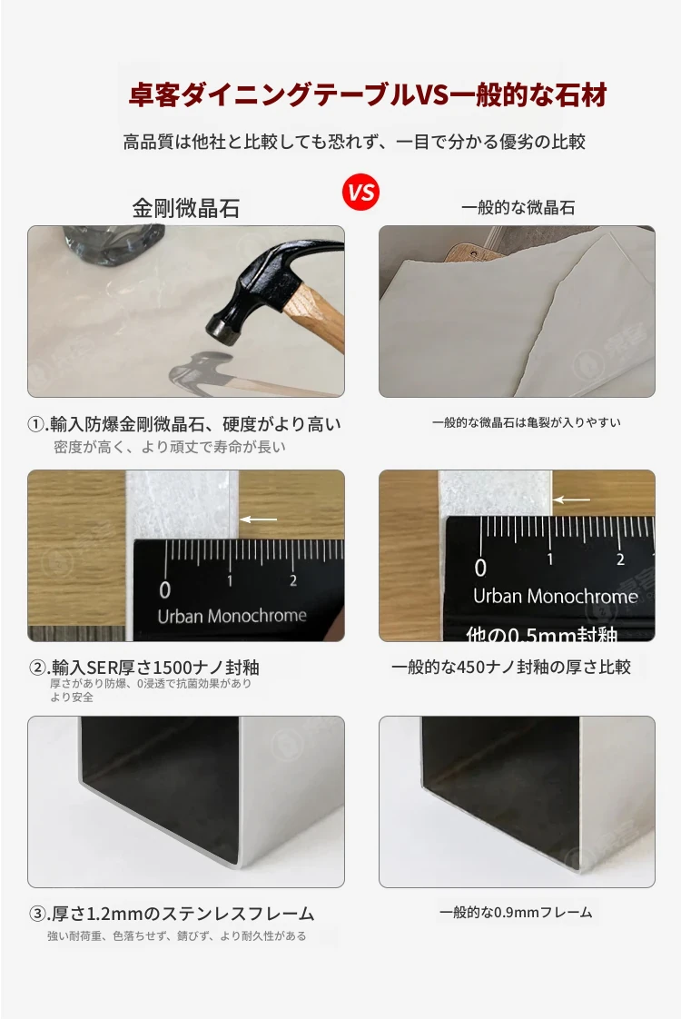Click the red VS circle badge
tap(361, 193)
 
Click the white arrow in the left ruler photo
tap(259, 519)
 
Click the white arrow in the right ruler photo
tap(572, 500)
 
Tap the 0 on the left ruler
tap(165, 589)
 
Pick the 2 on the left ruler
tap(293, 580)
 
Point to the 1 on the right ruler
tap(550, 559)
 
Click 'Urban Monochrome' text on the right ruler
tap(555, 597)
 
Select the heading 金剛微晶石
tap(186, 208)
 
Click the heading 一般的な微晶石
tap(518, 208)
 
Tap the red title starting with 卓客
tap(368, 94)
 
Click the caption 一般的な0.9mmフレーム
tap(516, 913)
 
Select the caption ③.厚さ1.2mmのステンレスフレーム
tap(172, 914)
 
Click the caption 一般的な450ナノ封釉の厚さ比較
tap(510, 667)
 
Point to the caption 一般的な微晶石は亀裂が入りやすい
tap(527, 422)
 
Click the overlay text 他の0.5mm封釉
tap(541, 634)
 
